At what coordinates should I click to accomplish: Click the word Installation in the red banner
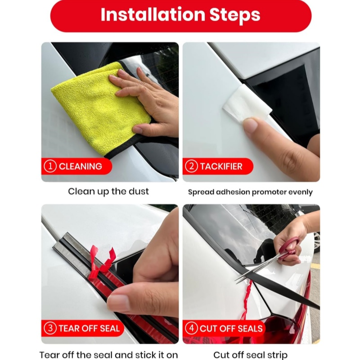(153, 15)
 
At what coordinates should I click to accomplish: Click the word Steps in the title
(235, 16)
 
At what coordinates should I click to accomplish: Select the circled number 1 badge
(50, 166)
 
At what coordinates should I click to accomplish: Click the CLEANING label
(81, 166)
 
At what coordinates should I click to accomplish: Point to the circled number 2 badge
(191, 166)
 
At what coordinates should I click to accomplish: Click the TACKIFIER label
(221, 166)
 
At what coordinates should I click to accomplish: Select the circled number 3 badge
(50, 328)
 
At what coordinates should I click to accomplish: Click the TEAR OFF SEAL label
(89, 328)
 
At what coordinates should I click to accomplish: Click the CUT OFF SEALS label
(231, 328)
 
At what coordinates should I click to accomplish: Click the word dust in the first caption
(139, 191)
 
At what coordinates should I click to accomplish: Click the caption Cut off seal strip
(250, 355)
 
